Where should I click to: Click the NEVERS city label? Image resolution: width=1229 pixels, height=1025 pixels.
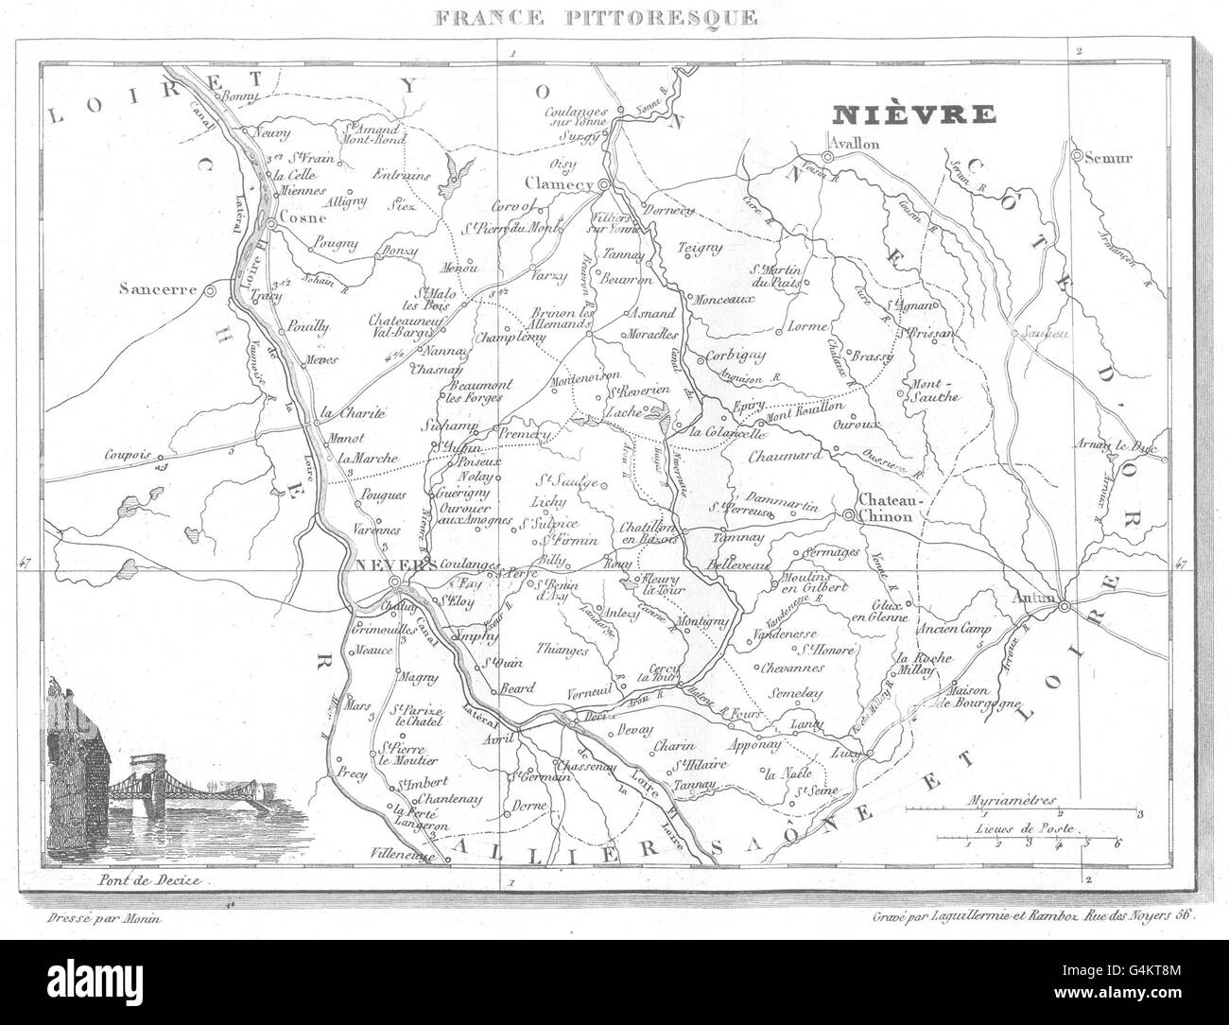(382, 566)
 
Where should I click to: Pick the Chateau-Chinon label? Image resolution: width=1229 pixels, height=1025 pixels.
(885, 509)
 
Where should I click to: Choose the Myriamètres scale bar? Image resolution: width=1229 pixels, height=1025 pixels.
(1023, 809)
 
